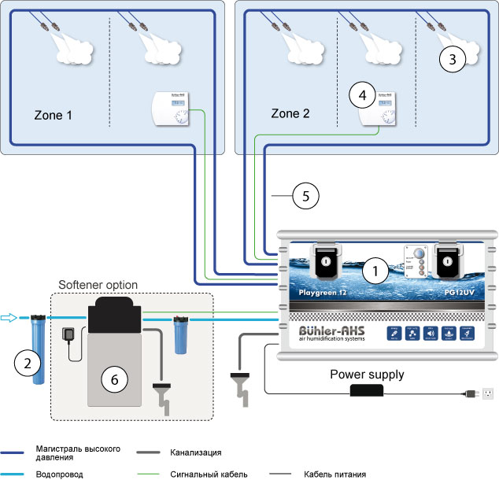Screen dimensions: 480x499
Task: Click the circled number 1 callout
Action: [x=376, y=272]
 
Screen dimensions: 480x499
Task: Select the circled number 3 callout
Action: [x=452, y=57]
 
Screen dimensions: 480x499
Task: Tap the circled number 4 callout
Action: [x=362, y=95]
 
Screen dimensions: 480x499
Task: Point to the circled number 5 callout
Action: [x=305, y=196]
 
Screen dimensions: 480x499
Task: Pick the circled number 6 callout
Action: [x=115, y=379]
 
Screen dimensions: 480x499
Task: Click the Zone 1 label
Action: [x=54, y=114]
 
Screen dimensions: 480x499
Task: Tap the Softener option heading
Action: [x=98, y=284]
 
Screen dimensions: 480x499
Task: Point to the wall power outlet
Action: [x=486, y=392]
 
